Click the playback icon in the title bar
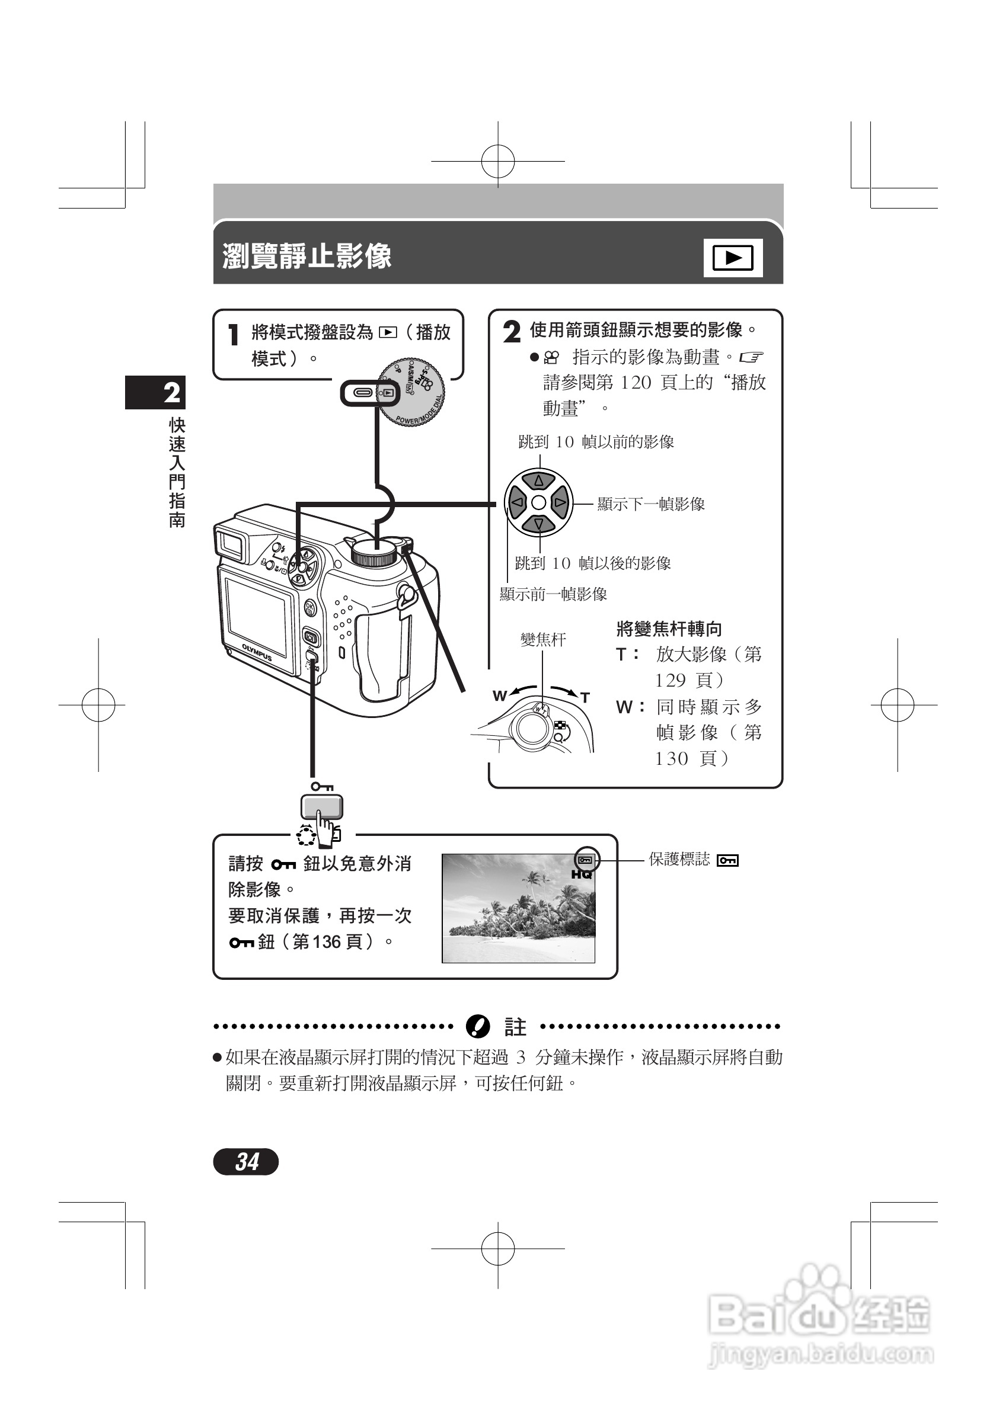coord(732,258)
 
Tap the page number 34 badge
coord(246,1161)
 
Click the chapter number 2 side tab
coord(155,392)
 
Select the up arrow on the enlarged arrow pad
coord(539,480)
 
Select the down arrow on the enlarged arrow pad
coord(539,524)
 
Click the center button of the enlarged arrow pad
coord(539,502)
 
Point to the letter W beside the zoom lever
coord(499,696)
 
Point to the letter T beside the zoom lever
coord(585,698)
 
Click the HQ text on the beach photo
coord(581,874)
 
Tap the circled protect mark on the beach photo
coord(586,860)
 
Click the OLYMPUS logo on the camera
coord(257,652)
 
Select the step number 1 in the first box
coord(234,335)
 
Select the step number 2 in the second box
coord(511,332)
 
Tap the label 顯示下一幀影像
coord(651,504)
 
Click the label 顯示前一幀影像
coord(553,594)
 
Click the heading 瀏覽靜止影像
coord(307,256)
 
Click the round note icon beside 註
coord(477,1026)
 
